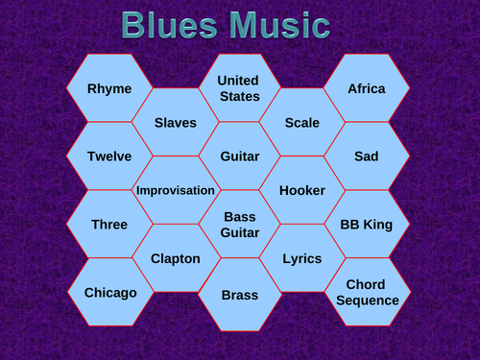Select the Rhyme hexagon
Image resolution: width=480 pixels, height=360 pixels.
click(x=109, y=88)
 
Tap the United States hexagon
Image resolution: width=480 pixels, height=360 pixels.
click(x=239, y=87)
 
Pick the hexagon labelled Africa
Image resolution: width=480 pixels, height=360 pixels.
click(x=367, y=88)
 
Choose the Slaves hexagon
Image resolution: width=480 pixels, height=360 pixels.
click(x=176, y=123)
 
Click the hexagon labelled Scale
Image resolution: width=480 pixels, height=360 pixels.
click(x=302, y=123)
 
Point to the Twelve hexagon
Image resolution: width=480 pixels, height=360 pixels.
click(x=109, y=156)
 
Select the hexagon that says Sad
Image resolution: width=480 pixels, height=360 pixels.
click(x=367, y=156)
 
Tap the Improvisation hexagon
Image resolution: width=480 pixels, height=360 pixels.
click(x=176, y=190)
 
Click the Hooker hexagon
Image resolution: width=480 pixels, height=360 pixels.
click(x=302, y=190)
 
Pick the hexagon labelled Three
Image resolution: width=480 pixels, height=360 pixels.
click(x=109, y=225)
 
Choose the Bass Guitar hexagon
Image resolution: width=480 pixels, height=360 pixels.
click(x=239, y=225)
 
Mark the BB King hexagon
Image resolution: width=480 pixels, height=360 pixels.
click(x=367, y=225)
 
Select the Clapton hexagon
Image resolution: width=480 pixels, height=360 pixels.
click(x=176, y=258)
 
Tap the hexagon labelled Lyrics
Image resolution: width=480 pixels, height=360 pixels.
click(x=302, y=258)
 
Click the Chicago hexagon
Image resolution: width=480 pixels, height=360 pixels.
click(x=109, y=292)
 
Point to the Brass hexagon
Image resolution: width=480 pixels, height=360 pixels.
click(x=239, y=295)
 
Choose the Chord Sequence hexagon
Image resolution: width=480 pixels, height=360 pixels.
click(x=367, y=292)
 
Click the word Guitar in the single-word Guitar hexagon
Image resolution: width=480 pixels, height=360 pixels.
click(x=239, y=156)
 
